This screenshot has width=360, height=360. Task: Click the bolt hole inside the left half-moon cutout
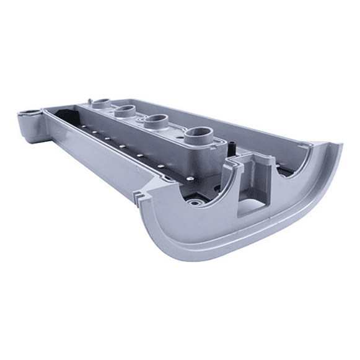(x=197, y=201)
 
